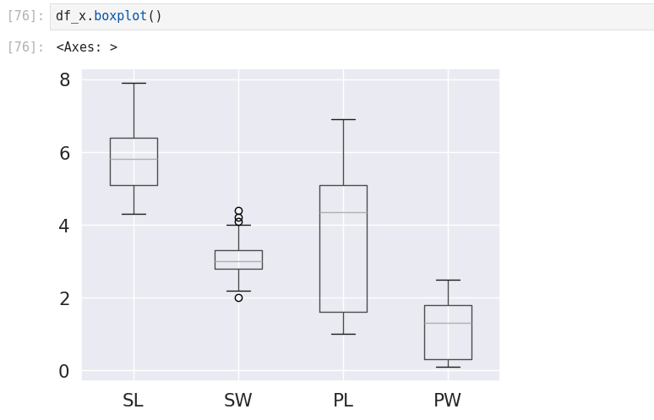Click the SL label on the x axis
133,401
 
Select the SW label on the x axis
237,401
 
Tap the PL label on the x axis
342,401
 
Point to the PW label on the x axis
447,401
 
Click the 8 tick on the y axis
64,80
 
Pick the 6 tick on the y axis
64,153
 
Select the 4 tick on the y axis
64,226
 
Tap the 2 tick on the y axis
64,298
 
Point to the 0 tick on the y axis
64,371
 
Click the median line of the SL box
134,159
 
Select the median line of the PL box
343,212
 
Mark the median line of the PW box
448,323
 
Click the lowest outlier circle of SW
238,297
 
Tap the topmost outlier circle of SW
238,210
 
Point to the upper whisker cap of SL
134,83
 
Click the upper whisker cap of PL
343,119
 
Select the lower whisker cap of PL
343,334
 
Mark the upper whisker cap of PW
448,280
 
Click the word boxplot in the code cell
120,16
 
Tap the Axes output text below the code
86,47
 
